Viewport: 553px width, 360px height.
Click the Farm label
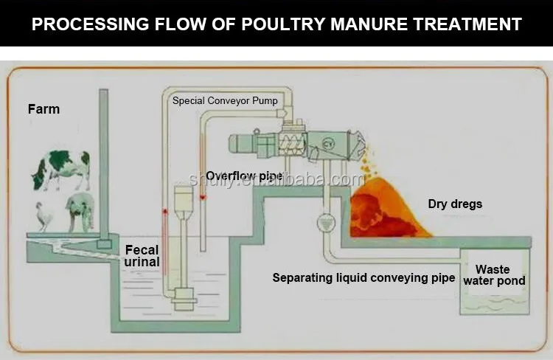pos(44,109)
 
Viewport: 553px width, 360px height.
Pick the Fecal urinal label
pos(142,256)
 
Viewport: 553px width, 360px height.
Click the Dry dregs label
pos(455,204)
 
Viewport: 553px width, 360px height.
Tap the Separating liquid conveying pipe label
pos(364,278)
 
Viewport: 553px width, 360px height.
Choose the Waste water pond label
pos(500,275)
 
